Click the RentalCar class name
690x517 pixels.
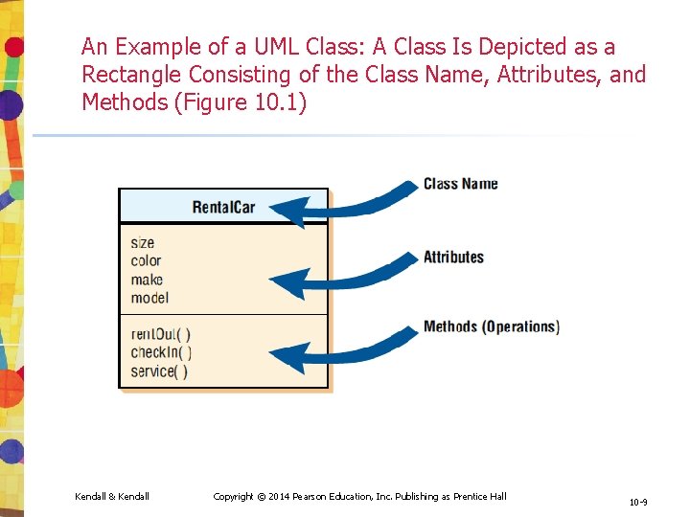tap(223, 207)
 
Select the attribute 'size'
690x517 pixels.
tap(143, 243)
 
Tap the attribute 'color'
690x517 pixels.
tap(146, 261)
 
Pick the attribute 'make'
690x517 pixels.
tap(147, 280)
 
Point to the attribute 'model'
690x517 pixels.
tap(149, 298)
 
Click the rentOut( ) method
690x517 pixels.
tap(160, 334)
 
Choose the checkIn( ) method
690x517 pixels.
tap(161, 352)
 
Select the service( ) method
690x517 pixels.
tap(159, 371)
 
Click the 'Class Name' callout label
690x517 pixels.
tap(461, 184)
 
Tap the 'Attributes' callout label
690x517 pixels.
tap(453, 257)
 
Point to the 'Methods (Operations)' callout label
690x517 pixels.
tap(492, 327)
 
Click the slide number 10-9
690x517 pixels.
tap(638, 502)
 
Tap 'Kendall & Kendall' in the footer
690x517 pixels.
tap(112, 496)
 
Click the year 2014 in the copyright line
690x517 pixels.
tap(280, 496)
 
